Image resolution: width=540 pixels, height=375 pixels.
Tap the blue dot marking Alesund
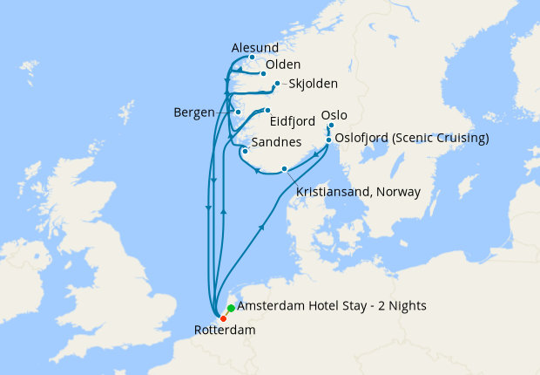tap(252, 58)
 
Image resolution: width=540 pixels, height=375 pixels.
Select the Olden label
tap(283, 65)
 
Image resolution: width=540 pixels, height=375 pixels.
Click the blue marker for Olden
tap(263, 74)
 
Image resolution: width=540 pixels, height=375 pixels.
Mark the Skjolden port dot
tap(277, 85)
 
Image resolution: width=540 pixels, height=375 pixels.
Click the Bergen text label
tap(193, 113)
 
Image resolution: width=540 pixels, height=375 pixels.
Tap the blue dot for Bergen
tap(238, 113)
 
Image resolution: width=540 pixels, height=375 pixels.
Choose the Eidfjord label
tap(293, 123)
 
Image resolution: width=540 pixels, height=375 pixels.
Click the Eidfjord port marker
tap(268, 111)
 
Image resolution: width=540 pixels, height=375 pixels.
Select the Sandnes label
tap(276, 142)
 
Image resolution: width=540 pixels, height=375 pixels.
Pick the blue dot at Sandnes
tap(246, 152)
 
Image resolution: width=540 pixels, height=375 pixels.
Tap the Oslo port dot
tap(331, 126)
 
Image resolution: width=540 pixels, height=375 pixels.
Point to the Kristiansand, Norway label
tap(358, 191)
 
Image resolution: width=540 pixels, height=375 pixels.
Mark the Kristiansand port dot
tap(285, 169)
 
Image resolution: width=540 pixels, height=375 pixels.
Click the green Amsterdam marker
tap(230, 308)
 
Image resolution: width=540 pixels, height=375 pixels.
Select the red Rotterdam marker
tap(223, 318)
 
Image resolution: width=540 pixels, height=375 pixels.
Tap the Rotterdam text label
tap(224, 331)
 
